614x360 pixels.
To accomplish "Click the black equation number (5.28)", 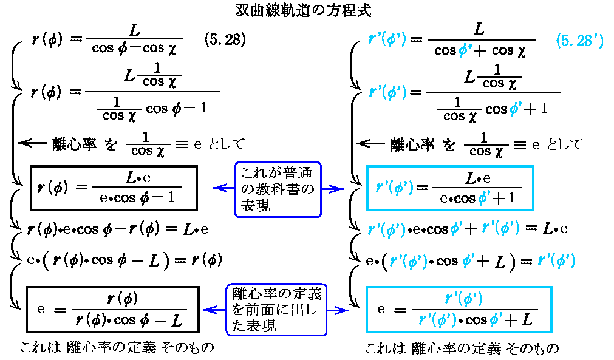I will point(224,41).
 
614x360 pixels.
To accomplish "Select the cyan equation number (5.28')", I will point(579,41).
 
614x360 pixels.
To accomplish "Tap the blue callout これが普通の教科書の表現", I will point(278,189).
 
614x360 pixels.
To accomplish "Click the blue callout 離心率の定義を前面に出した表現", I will point(277,310).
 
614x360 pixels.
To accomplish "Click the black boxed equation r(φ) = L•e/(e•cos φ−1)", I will point(112,188).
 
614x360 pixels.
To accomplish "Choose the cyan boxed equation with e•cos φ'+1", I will point(449,188).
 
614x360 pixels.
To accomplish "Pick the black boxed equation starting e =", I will point(113,310).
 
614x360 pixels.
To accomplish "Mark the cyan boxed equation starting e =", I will point(459,310).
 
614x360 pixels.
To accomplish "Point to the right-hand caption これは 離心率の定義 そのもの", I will point(462,348).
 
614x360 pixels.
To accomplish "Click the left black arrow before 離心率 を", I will point(32,143).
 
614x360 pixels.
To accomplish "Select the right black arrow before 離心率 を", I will point(370,144).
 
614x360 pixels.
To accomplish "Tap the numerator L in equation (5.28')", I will point(479,29).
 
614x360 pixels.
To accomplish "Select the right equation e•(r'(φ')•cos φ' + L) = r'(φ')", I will point(471,261).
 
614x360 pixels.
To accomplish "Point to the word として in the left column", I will point(226,144).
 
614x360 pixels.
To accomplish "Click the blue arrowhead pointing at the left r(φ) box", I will point(217,189).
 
